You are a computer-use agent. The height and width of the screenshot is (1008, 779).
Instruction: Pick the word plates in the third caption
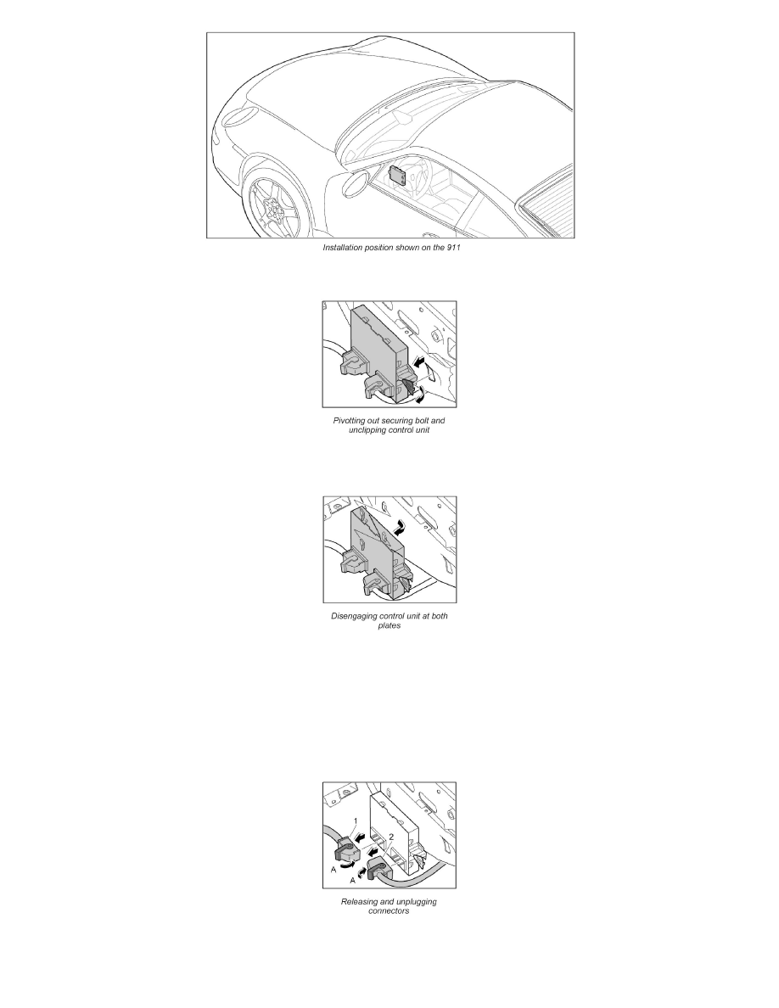pos(389,626)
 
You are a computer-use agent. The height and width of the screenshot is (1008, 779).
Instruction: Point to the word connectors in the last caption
pos(389,912)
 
